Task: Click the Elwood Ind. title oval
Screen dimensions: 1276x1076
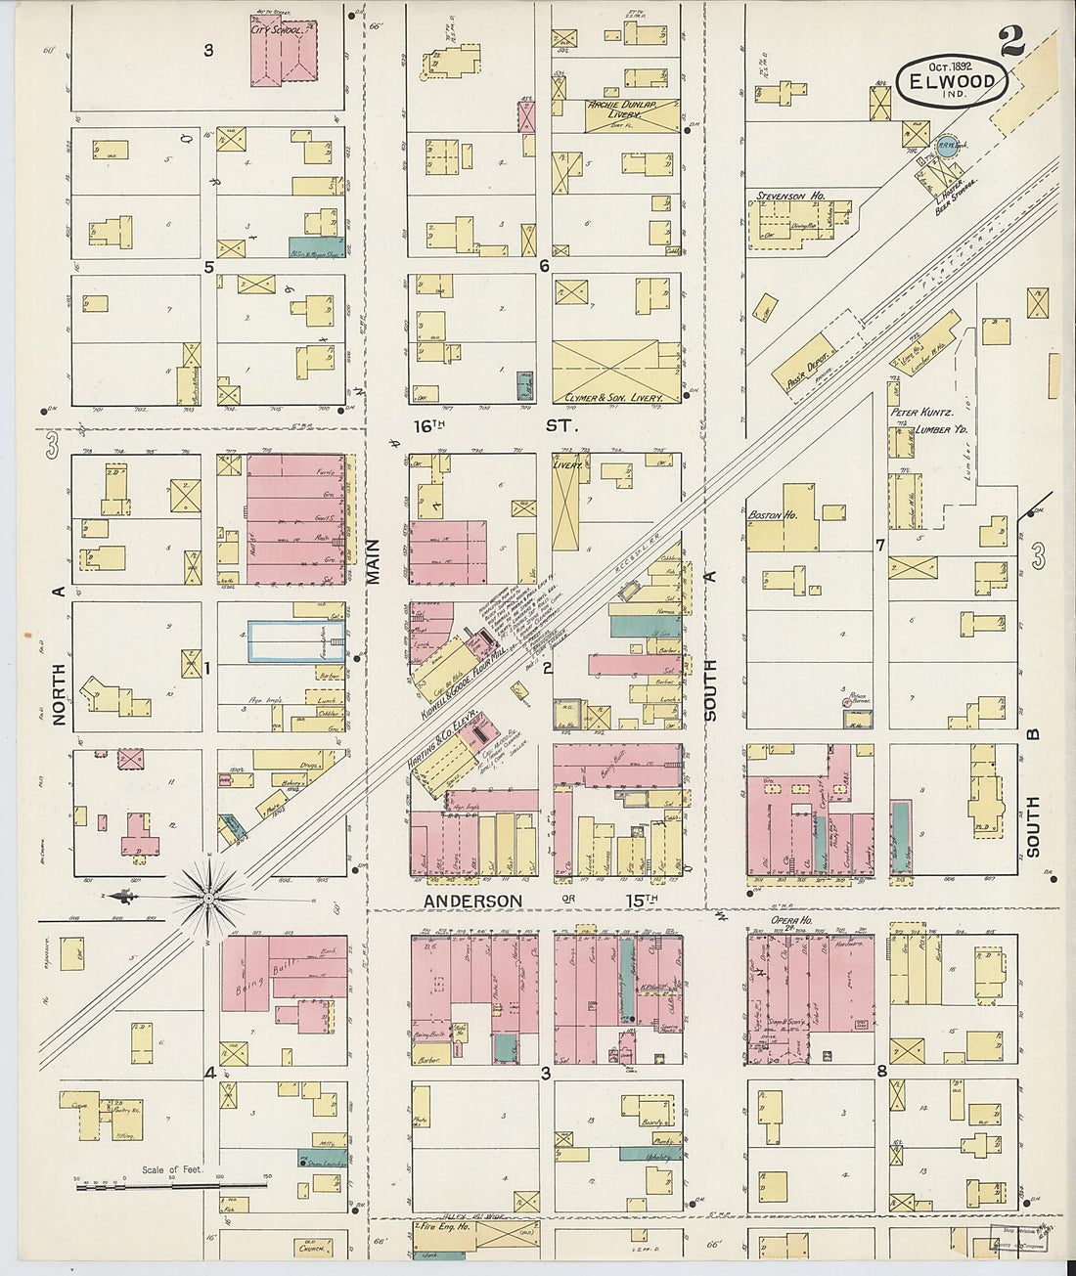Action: [x=952, y=82]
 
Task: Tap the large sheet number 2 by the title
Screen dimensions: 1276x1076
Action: [x=1011, y=42]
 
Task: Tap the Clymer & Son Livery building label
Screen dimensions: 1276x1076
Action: [x=614, y=398]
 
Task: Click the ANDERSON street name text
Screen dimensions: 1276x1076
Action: [x=472, y=900]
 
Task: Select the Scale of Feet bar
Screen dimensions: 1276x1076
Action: [x=171, y=1185]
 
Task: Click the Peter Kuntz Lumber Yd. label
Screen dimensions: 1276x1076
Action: [x=922, y=420]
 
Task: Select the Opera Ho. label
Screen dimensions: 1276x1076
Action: [x=791, y=920]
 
